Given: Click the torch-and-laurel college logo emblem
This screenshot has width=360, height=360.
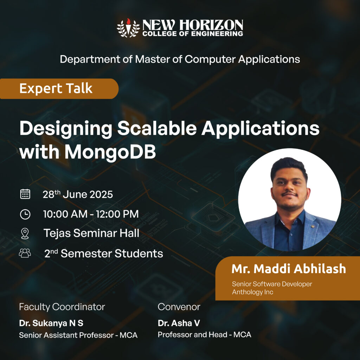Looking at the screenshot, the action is tap(128, 28).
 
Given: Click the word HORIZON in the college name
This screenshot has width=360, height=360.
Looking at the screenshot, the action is tap(211, 25).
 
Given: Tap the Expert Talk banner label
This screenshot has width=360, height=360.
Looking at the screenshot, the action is tap(56, 89).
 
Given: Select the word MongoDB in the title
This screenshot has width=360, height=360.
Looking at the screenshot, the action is tap(110, 152).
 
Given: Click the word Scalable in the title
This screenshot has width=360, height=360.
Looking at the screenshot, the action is tap(157, 128).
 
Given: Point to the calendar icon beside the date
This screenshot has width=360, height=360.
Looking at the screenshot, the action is tap(25, 194).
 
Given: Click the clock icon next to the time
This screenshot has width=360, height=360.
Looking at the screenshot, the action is tap(25, 214).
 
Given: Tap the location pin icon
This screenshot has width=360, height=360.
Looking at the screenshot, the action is tap(25, 234).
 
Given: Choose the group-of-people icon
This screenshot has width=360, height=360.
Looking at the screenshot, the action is tap(25, 253).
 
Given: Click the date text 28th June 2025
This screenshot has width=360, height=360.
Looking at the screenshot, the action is tap(78, 194).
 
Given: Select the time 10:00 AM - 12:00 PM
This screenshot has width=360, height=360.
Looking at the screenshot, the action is tap(91, 214).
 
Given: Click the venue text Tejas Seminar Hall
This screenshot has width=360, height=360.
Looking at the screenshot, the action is tap(91, 233).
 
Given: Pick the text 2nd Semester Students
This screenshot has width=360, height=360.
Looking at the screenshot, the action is tap(104, 253).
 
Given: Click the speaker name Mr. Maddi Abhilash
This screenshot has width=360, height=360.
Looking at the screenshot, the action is tap(289, 269).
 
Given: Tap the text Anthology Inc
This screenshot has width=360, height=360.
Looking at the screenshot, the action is tap(252, 292).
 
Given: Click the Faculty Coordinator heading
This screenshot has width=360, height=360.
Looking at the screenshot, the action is tap(62, 307).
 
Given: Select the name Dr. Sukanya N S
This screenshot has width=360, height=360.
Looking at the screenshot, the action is tap(51, 323).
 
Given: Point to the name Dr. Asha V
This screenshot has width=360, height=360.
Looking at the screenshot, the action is tap(179, 323).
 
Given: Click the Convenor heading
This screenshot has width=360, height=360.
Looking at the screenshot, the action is tap(179, 307).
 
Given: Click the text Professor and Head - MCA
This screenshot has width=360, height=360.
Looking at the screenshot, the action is tap(204, 335).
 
